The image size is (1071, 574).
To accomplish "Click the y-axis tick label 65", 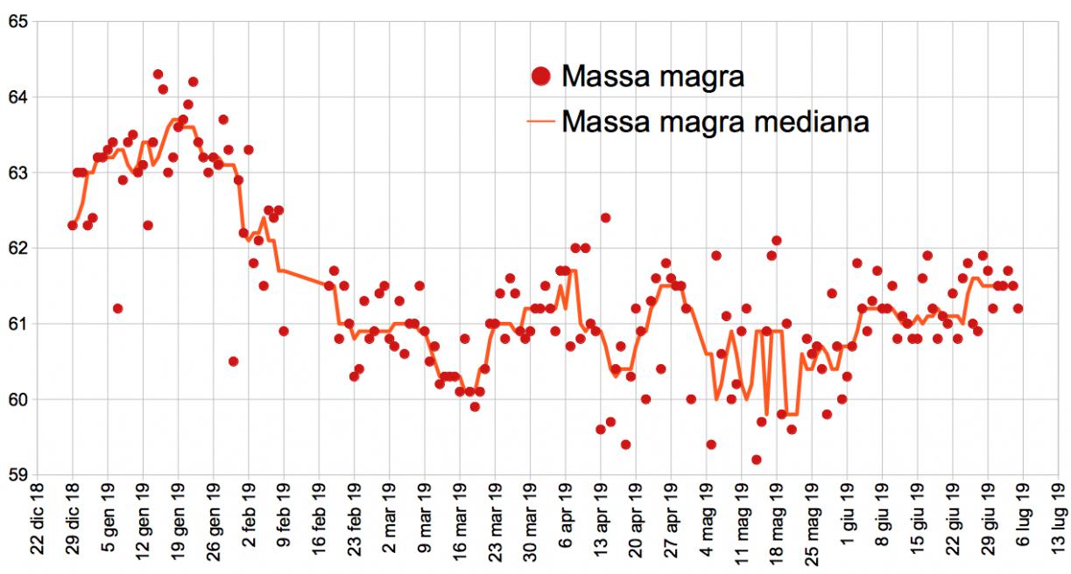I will pyautogui.click(x=17, y=21).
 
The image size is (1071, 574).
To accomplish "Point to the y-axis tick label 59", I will pyautogui.click(x=17, y=475).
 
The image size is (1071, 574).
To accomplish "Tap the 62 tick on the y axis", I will pyautogui.click(x=17, y=248).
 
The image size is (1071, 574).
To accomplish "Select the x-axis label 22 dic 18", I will pyautogui.click(x=37, y=525).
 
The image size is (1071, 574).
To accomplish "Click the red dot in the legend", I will pyautogui.click(x=541, y=76).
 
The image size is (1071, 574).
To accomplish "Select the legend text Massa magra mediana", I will pyautogui.click(x=715, y=121).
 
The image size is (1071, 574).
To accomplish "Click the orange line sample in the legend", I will pyautogui.click(x=541, y=121).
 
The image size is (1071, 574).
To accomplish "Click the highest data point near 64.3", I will pyautogui.click(x=158, y=74).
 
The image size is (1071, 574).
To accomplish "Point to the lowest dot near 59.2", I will pyautogui.click(x=757, y=459).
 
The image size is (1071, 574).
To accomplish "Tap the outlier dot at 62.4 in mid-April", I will pyautogui.click(x=605, y=218).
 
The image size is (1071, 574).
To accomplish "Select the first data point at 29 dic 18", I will pyautogui.click(x=73, y=226).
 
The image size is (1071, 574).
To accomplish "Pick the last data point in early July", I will pyautogui.click(x=1018, y=308).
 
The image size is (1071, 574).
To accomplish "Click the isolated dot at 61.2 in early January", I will pyautogui.click(x=117, y=308).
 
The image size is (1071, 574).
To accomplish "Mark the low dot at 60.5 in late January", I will pyautogui.click(x=233, y=361).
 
